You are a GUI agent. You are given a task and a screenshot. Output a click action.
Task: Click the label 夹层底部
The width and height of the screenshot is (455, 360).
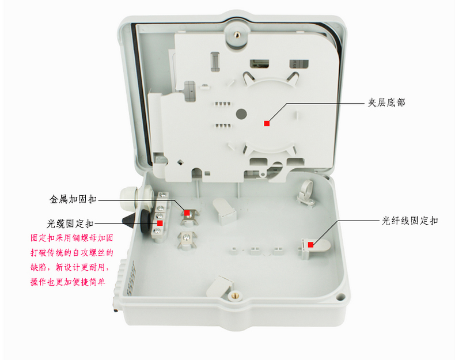(x=386, y=103)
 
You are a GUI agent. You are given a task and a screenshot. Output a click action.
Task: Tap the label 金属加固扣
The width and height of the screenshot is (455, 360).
(x=73, y=199)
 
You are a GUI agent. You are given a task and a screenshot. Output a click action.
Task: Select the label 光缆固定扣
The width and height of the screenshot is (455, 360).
(x=70, y=223)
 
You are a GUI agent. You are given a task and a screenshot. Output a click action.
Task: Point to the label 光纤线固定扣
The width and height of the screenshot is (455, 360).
(x=409, y=221)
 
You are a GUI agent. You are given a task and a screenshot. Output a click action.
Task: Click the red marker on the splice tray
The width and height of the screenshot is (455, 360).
(x=267, y=124)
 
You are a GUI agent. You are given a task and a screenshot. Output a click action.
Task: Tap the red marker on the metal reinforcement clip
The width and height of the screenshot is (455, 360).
(x=187, y=213)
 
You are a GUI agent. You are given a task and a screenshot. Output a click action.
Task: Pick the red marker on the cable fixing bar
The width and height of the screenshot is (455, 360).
(x=160, y=223)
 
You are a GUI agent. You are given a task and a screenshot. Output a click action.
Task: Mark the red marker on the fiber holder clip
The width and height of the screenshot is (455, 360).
(x=310, y=245)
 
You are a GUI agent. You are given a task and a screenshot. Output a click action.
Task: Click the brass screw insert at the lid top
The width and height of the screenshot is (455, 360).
(x=237, y=35)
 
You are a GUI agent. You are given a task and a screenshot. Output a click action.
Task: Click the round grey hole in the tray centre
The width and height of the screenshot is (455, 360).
(x=241, y=114)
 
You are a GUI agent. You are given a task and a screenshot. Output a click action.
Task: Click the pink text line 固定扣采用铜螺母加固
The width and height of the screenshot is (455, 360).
(x=71, y=238)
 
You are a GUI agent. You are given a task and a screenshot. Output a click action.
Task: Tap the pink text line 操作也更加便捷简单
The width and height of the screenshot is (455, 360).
(x=68, y=282)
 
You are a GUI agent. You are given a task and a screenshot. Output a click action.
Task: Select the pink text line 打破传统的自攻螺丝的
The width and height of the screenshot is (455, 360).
(x=71, y=252)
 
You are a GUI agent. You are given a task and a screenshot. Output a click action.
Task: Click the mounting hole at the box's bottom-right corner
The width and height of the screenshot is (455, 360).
(x=340, y=297)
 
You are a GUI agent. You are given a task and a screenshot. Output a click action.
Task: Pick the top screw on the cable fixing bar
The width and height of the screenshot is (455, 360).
(x=163, y=195)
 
